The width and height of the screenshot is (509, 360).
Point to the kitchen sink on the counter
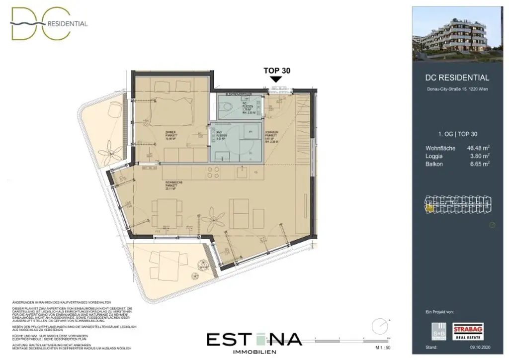coord(243,173)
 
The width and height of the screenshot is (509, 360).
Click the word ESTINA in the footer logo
coord(254,339)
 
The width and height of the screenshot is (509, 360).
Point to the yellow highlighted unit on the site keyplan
coord(428,208)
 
